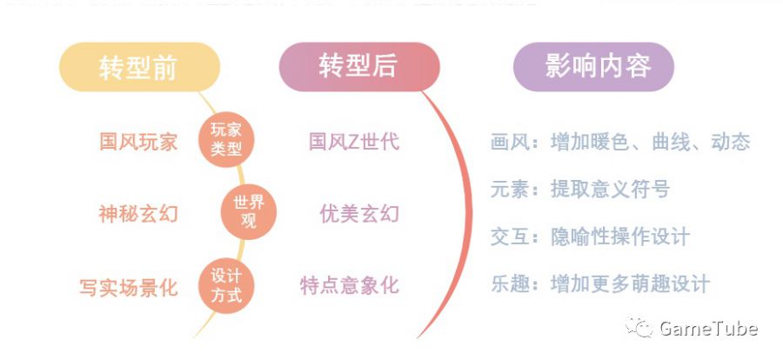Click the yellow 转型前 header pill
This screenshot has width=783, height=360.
[x=137, y=68]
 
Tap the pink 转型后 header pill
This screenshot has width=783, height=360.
[x=358, y=66]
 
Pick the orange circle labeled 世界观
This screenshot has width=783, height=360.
[x=247, y=212]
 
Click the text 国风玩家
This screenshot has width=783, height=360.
[x=138, y=141]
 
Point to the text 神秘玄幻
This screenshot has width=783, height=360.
[x=138, y=213]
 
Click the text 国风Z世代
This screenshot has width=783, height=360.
[x=354, y=141]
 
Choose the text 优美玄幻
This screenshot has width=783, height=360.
[x=359, y=213]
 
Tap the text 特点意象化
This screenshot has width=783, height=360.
[x=350, y=285]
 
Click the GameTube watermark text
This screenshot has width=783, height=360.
[x=708, y=329]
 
